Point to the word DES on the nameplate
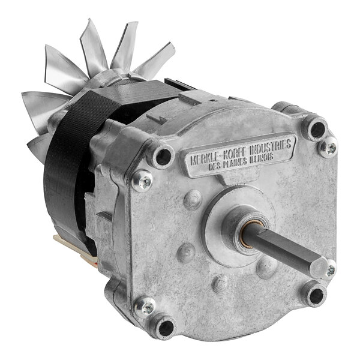coord(215,166)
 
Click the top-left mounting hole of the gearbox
coord(163,157)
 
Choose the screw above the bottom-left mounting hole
coord(143,307)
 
